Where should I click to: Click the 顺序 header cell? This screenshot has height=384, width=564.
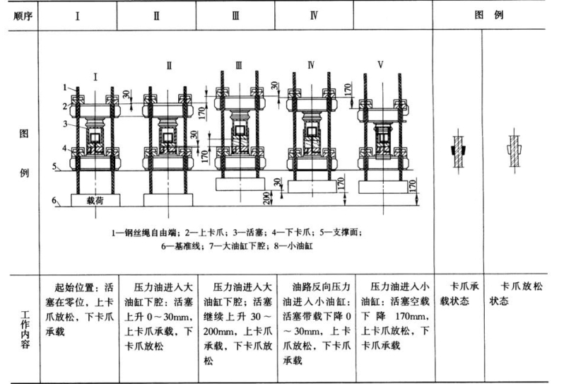pyautogui.click(x=20, y=15)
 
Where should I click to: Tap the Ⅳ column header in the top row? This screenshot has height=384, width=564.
pyautogui.click(x=312, y=15)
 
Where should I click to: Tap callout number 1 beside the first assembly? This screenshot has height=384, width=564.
pyautogui.click(x=64, y=87)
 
